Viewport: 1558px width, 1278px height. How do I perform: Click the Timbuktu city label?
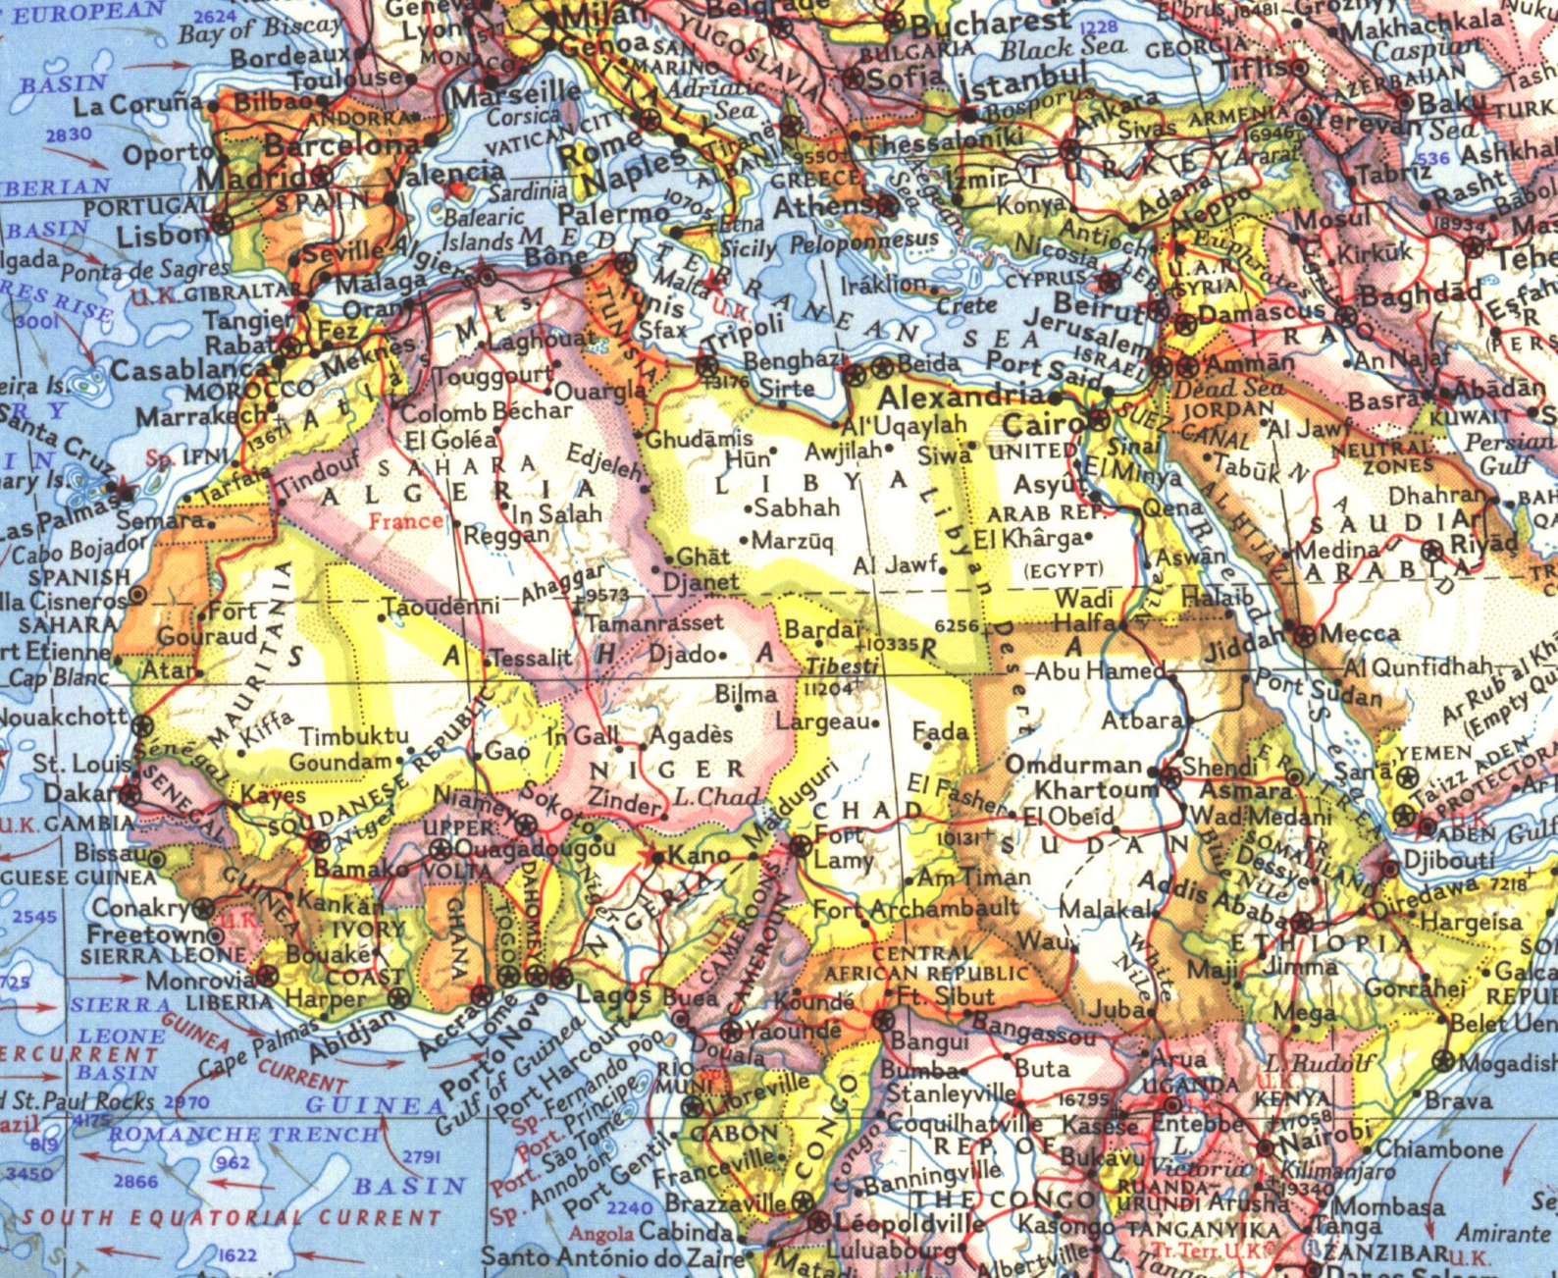click(x=353, y=735)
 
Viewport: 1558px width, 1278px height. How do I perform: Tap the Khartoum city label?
click(x=1096, y=790)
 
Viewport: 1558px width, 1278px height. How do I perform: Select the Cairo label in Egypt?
click(x=1041, y=426)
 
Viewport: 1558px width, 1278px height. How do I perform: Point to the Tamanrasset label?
click(x=654, y=622)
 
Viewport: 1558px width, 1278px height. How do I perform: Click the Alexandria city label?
click(x=961, y=397)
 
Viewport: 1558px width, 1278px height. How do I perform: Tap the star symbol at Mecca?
click(x=1303, y=634)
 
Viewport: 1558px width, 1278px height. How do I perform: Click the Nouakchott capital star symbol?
click(x=144, y=727)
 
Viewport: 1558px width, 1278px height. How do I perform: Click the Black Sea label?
click(x=1062, y=45)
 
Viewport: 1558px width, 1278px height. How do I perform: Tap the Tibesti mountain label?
click(x=842, y=666)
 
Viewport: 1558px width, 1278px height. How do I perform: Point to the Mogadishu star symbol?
click(x=1442, y=1061)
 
